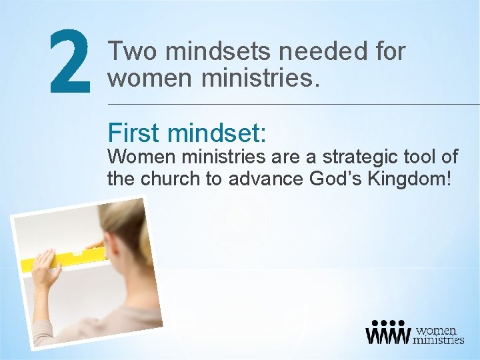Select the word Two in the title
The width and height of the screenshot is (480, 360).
[x=133, y=51]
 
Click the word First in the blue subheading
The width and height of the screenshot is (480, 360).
[x=133, y=133]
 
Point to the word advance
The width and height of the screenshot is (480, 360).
[x=269, y=179]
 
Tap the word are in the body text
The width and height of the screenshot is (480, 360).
[x=288, y=157]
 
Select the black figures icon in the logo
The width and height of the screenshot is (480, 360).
[x=387, y=333]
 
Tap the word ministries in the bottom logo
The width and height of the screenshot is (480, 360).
[x=438, y=340]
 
